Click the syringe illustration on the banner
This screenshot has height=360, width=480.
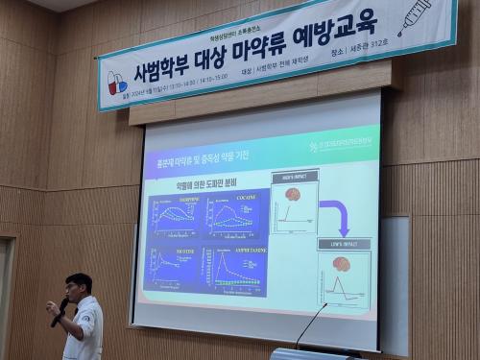(415, 16)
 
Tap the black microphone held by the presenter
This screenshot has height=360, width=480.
(59, 311)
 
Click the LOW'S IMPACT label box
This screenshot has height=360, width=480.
(342, 244)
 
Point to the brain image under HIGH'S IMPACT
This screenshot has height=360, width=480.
(293, 195)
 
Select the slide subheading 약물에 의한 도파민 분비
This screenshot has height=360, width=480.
(205, 182)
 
